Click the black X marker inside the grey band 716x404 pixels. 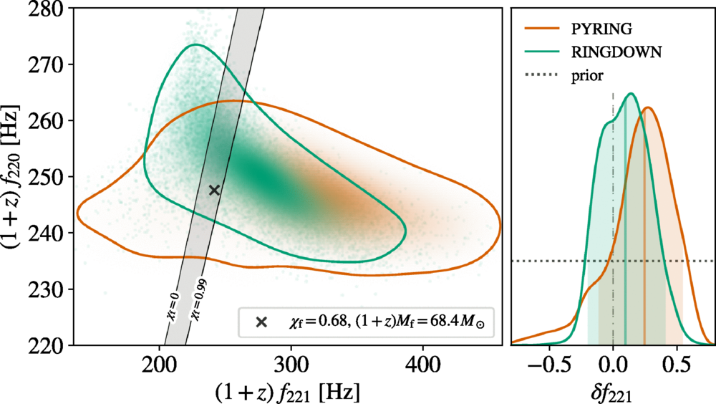point(214,190)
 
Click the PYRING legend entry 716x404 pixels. point(612,29)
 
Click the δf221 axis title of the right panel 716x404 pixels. point(613,390)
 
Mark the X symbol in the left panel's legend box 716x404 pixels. point(261,322)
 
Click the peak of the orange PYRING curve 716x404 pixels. point(647,108)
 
